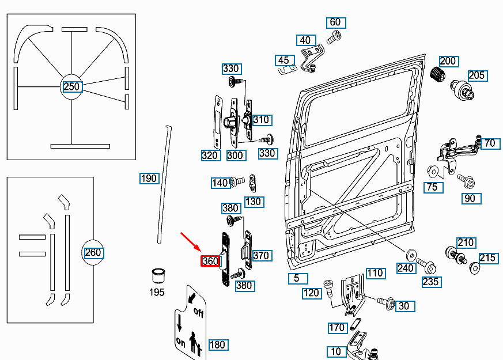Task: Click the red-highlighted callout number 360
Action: tap(210, 261)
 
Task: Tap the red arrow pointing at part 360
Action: tap(191, 242)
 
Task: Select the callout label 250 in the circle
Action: tap(71, 86)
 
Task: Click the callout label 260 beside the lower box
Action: tap(93, 252)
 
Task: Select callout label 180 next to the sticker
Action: tap(217, 344)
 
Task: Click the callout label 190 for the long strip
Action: tap(149, 178)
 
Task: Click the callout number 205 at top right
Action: tap(476, 75)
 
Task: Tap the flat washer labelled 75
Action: tap(433, 172)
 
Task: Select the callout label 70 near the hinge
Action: tap(489, 143)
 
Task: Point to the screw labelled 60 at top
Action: tap(332, 38)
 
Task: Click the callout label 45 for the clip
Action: tap(283, 60)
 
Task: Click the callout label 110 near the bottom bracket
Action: tap(375, 272)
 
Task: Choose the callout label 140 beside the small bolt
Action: tap(220, 183)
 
